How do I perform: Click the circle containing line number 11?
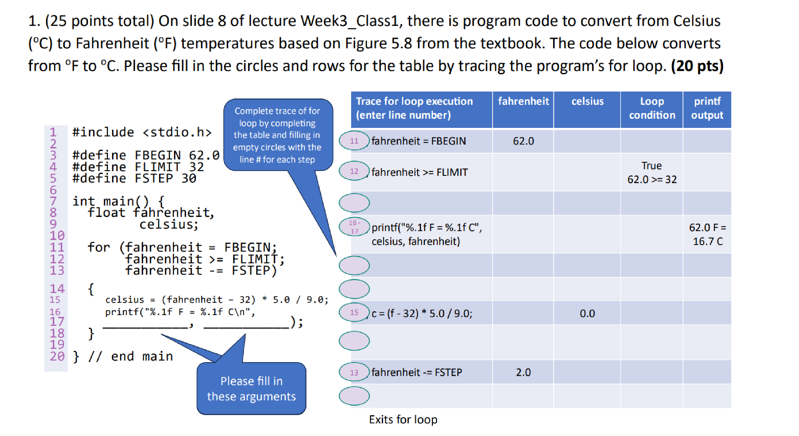tap(354, 141)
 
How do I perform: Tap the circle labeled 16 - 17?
tap(354, 227)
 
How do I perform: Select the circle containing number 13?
tap(354, 373)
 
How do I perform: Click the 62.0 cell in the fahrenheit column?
tap(523, 141)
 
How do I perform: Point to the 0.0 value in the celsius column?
tap(587, 314)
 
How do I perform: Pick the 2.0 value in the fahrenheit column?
tap(523, 373)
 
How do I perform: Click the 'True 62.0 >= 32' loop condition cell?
tap(652, 172)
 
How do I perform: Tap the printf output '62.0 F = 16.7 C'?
tap(707, 234)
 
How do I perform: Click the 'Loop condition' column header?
tap(652, 108)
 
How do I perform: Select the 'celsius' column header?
tap(587, 101)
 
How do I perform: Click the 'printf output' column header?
tap(707, 108)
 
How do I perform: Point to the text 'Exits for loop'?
tap(403, 420)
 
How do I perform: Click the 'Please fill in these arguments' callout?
tap(251, 389)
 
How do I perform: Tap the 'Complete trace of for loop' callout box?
tap(277, 135)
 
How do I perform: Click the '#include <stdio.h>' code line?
tap(142, 132)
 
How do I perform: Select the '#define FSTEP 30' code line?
tap(134, 178)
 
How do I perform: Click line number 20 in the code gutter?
tap(57, 356)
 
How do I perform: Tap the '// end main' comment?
tap(130, 356)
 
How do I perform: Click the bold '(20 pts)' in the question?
tap(697, 66)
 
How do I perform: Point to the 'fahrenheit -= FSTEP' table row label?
tap(416, 373)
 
